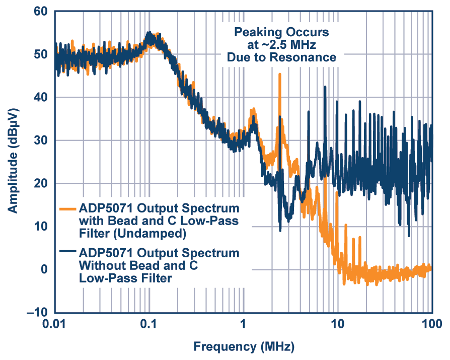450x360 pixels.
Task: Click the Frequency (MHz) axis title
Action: [243, 347]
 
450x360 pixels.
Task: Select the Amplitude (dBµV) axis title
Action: [13, 160]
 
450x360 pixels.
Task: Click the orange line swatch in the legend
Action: [68, 208]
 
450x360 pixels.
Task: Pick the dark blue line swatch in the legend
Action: [68, 251]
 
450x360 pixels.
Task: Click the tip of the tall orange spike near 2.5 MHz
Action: [279, 75]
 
